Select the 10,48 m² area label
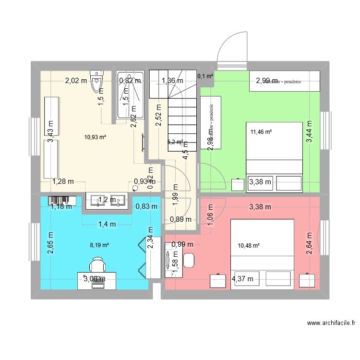coord(249,246)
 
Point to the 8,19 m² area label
coord(99,245)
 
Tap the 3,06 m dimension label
coord(95,279)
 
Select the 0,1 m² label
coord(205,76)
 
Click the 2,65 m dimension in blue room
coord(51,244)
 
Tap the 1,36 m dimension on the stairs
coord(172,81)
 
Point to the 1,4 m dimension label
coord(107,224)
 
